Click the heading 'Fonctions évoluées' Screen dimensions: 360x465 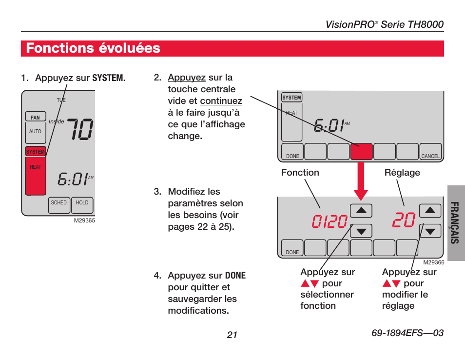click(x=93, y=48)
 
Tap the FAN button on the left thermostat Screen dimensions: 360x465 click(x=36, y=117)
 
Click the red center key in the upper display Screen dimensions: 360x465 click(x=361, y=152)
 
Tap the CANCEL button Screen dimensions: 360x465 click(x=430, y=152)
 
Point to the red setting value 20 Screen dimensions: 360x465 click(x=403, y=220)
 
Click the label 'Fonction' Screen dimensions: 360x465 click(x=300, y=173)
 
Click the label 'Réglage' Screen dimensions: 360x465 click(x=402, y=173)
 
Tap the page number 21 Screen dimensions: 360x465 click(x=232, y=334)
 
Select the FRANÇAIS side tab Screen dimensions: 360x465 click(x=455, y=223)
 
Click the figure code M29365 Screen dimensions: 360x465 click(x=84, y=220)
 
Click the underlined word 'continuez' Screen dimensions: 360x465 click(x=221, y=101)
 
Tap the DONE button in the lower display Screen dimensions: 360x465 click(x=292, y=248)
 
